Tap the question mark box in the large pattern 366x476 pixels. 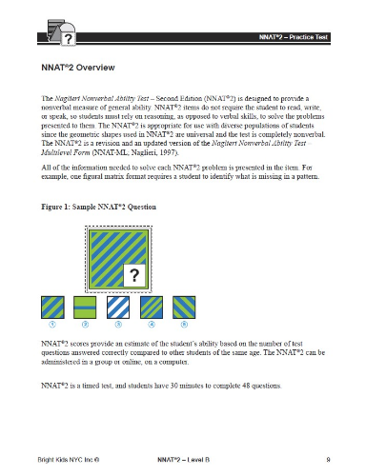135,276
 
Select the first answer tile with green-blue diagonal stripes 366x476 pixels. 51,307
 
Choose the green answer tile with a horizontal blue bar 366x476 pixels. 85,307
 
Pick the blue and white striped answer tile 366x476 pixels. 117,307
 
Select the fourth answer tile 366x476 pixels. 150,307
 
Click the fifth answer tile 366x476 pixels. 182,307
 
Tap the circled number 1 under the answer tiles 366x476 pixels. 51,325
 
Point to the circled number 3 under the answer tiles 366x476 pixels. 117,325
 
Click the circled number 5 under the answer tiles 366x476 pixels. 182,325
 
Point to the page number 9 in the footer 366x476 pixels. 326,460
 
